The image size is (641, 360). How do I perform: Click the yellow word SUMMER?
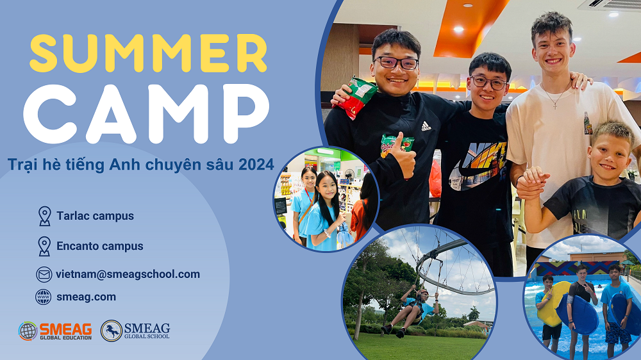(148, 54)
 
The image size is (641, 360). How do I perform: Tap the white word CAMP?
(146, 114)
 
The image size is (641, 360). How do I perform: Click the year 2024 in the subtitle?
(256, 165)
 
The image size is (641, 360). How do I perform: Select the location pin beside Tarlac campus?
(45, 216)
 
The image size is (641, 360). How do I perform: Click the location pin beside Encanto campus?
(44, 247)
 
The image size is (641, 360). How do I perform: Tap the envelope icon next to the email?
(44, 274)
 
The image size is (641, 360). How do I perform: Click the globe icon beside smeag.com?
(44, 297)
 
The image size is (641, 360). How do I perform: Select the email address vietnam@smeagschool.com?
(128, 274)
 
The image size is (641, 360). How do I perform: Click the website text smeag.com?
(87, 297)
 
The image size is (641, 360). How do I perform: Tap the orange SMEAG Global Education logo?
(55, 331)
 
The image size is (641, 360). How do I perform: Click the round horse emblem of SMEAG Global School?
(111, 331)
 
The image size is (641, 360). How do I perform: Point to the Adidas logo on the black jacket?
(426, 126)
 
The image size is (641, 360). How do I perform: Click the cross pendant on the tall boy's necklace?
(554, 105)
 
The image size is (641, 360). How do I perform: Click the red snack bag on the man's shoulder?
(355, 97)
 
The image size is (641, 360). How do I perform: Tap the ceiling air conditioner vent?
(609, 5)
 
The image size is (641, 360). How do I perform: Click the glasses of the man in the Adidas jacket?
(395, 63)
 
